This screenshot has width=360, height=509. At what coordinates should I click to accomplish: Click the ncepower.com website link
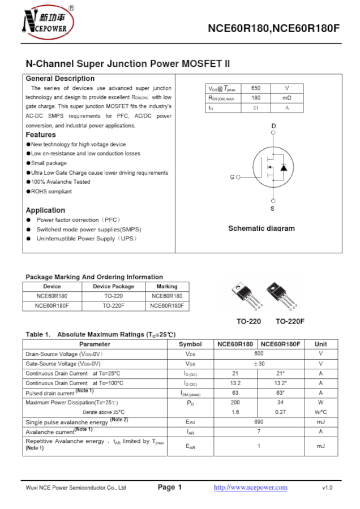pos(250,488)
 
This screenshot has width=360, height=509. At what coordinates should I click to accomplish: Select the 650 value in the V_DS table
pos(255,89)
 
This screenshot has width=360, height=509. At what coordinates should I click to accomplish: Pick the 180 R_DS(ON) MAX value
pos(255,98)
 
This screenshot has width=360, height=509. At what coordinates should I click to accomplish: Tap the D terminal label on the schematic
pos(273,126)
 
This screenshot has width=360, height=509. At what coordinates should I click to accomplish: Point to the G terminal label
pos(232,177)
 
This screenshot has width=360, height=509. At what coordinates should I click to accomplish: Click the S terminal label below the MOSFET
pos(273,209)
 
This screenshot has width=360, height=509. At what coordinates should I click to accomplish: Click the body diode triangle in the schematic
pos(284,168)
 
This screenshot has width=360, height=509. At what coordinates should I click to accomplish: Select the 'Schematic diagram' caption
pos(261,228)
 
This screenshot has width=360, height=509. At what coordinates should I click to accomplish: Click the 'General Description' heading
pos(60,79)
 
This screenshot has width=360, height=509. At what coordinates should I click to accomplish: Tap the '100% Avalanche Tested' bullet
pos(61,182)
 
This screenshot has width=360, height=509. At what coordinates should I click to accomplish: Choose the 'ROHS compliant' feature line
pos(51,191)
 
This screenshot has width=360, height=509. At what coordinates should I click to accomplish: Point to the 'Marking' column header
pos(167,286)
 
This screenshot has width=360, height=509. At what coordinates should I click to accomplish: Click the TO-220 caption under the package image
pos(248,322)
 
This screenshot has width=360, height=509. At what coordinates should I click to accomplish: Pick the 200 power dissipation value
pos(235,402)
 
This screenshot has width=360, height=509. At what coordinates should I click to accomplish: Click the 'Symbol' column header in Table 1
pos(190,344)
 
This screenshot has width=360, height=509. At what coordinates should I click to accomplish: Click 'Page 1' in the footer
pos(170,488)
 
